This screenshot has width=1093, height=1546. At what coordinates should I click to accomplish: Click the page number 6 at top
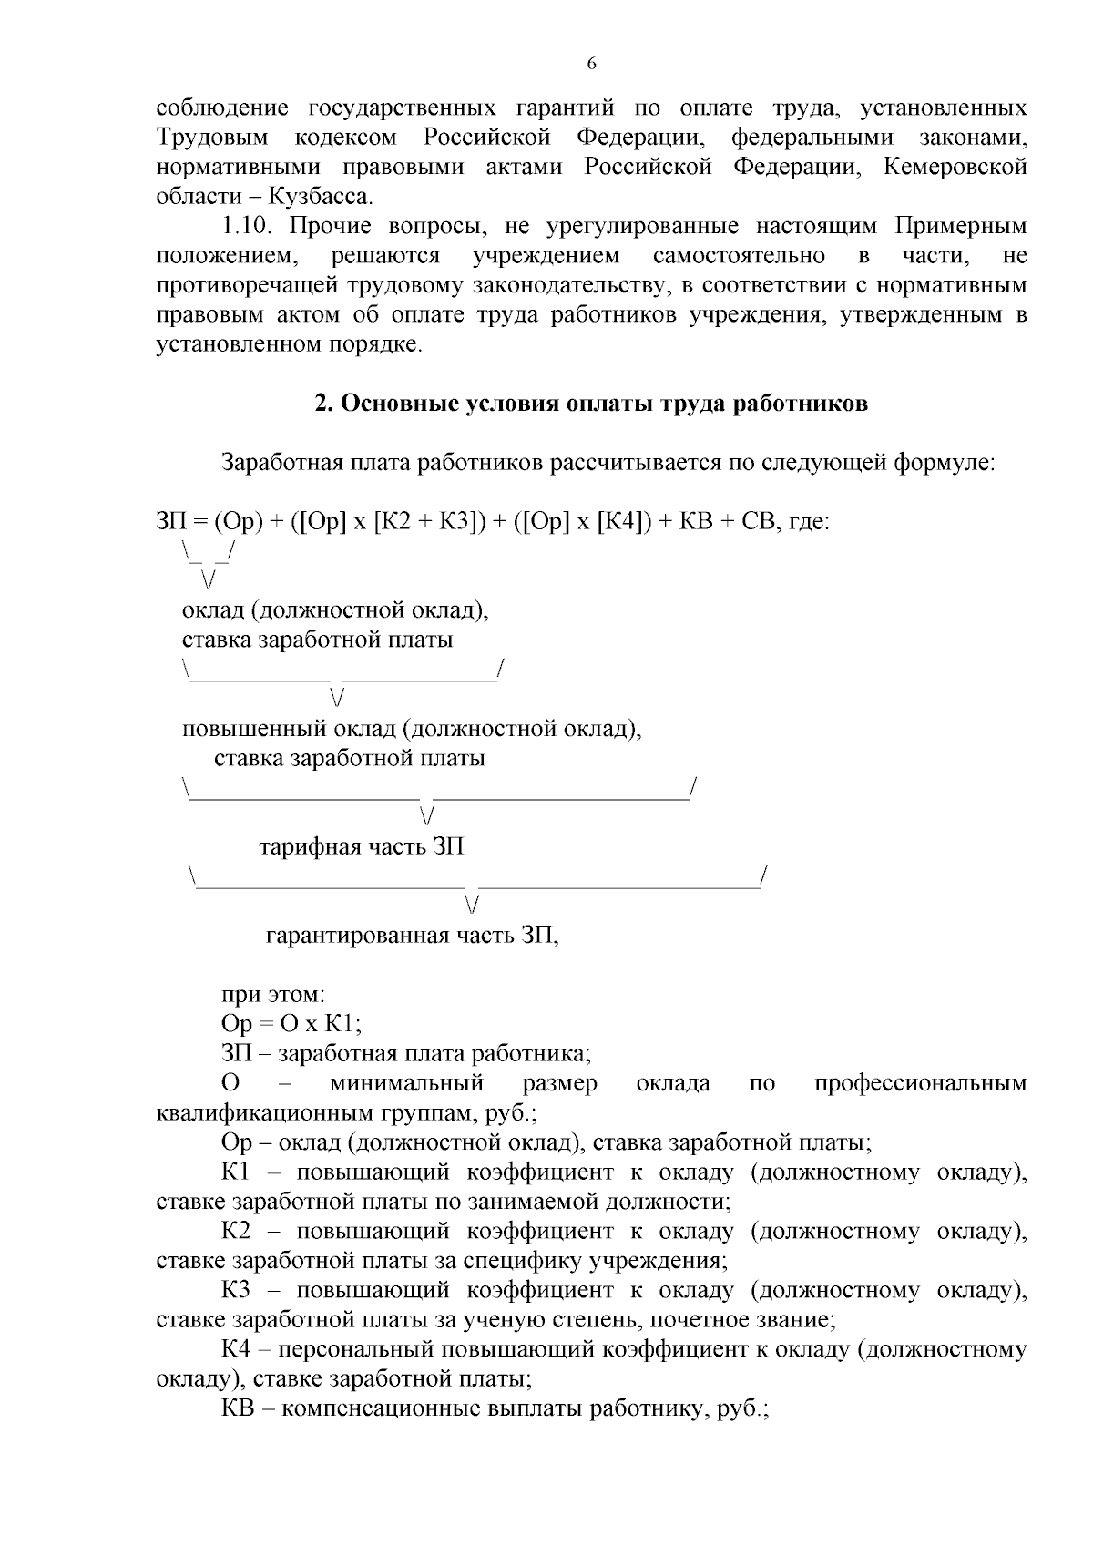click(x=591, y=64)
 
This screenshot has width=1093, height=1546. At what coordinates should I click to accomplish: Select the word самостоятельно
click(x=739, y=256)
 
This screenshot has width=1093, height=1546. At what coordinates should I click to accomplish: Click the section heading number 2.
click(x=322, y=404)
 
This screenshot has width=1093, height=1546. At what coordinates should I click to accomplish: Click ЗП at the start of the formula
click(x=170, y=522)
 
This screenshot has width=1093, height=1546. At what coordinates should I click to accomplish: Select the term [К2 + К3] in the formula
click(x=430, y=522)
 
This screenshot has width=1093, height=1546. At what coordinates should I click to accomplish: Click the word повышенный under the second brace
click(x=239, y=730)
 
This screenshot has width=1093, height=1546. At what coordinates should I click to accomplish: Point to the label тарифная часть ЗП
click(x=362, y=847)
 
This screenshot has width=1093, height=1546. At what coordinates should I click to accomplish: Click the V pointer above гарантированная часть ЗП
click(x=471, y=905)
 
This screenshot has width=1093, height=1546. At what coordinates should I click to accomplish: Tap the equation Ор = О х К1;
click(x=291, y=1024)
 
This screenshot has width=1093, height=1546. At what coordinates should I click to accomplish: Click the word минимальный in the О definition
click(x=406, y=1083)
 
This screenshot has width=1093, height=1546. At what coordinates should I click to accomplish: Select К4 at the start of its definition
click(x=236, y=1349)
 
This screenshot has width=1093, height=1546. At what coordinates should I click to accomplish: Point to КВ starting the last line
click(x=238, y=1408)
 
